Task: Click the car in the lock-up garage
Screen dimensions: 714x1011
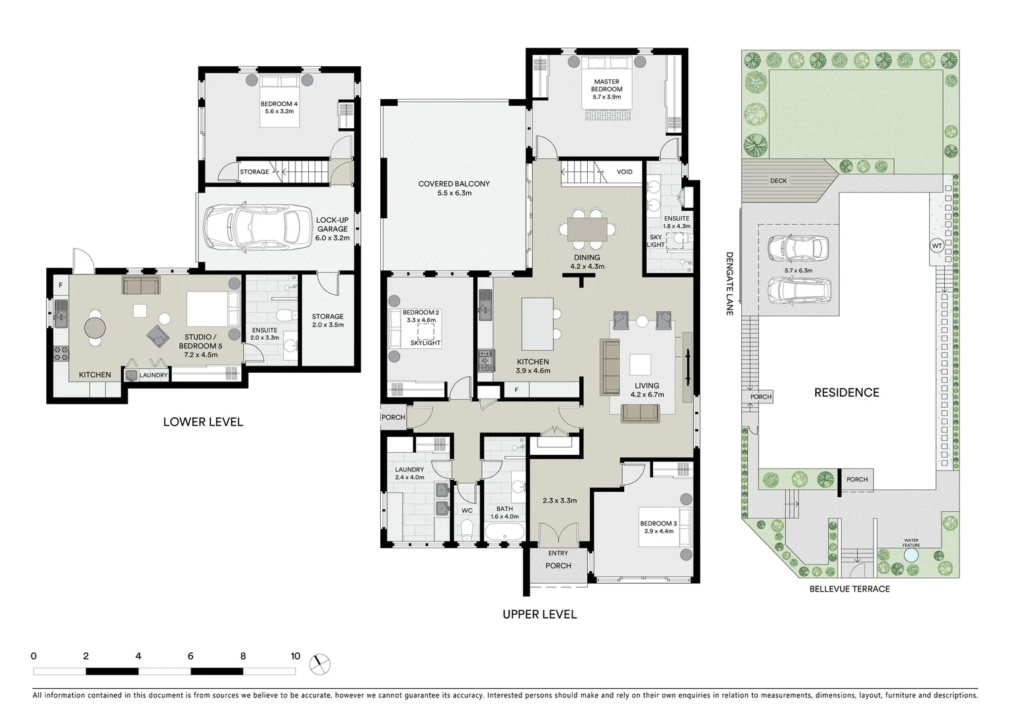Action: (257, 228)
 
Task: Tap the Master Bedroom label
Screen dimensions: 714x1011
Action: (606, 86)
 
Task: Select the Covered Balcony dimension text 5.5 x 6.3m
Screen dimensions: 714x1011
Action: (454, 193)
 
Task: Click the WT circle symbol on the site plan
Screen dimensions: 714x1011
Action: (936, 246)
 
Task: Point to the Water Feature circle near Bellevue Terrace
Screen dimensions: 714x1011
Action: (911, 556)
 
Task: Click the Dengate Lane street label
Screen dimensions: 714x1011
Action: (730, 283)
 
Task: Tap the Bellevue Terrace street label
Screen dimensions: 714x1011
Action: (850, 588)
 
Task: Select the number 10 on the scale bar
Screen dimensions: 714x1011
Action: (295, 656)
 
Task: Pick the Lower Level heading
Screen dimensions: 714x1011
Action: (203, 422)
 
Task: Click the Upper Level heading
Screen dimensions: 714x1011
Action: (540, 614)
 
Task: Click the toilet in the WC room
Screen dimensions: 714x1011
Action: (467, 529)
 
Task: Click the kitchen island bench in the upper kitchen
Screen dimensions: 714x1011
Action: (537, 324)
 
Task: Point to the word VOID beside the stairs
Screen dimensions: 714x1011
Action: (624, 172)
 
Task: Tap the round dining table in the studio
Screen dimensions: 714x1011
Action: (95, 327)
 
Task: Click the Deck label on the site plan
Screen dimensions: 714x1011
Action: (778, 180)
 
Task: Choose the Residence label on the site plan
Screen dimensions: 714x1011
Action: (846, 393)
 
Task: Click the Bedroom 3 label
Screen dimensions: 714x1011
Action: (658, 524)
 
